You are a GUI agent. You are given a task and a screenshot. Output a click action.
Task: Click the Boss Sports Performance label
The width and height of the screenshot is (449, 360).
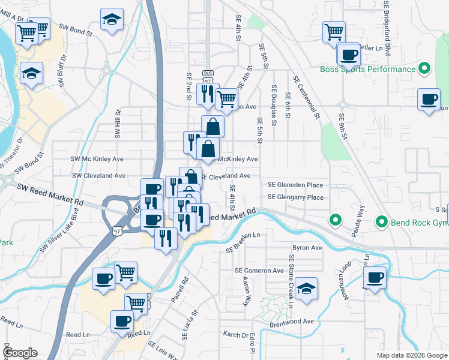tap(367, 69)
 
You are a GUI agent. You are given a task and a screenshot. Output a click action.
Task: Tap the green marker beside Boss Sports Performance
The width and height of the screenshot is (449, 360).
tap(424, 68)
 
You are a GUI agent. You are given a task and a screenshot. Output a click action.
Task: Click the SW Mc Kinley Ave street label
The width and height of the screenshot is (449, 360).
tap(98, 159)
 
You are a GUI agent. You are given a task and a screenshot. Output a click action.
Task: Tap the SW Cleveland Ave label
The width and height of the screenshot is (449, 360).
tap(98, 176)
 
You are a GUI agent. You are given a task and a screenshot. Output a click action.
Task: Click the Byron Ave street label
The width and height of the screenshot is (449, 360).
tap(307, 247)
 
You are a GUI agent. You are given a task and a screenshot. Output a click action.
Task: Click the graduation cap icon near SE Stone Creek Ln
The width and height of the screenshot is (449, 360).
tap(306, 288)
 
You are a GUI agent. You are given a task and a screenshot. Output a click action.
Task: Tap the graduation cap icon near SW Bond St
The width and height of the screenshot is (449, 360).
tap(112, 19)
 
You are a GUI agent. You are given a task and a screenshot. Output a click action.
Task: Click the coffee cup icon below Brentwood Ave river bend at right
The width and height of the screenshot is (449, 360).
tap(375, 278)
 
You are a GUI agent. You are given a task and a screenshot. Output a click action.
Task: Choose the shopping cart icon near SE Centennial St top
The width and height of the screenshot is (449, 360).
tap(334, 31)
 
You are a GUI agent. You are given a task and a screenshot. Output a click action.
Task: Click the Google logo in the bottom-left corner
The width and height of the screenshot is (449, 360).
tap(19, 352)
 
